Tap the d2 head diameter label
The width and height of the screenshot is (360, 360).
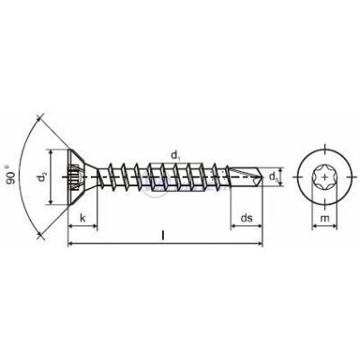pos(43,177)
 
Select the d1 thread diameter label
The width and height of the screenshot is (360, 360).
pos(175,156)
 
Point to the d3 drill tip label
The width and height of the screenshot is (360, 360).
pos(273,177)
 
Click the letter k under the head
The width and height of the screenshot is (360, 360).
pos(83,218)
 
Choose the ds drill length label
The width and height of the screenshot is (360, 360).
pos(247,218)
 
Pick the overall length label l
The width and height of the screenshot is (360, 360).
pos(163,236)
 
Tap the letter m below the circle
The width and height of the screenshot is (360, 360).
pos(325,219)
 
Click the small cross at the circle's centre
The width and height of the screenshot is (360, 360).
pos(325,177)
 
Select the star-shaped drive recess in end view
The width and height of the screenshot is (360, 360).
pos(325,177)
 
